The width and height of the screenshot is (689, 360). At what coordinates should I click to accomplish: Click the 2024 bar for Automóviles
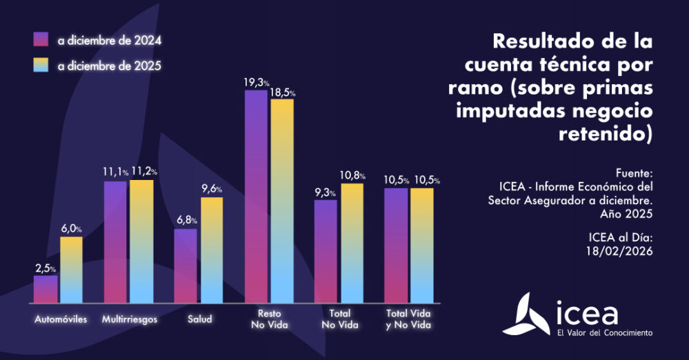pyautogui.click(x=46, y=290)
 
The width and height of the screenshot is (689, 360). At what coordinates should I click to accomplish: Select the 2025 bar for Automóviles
pyautogui.click(x=71, y=270)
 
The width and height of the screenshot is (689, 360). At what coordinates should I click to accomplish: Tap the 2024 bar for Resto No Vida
pyautogui.click(x=256, y=197)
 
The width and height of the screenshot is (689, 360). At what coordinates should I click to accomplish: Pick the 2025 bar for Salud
pyautogui.click(x=212, y=250)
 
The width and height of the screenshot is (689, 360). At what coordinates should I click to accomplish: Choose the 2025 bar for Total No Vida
pyautogui.click(x=352, y=243)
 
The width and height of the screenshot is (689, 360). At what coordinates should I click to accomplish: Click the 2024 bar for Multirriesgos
pyautogui.click(x=116, y=241)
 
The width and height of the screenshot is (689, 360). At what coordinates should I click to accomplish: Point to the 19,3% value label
pyautogui.click(x=256, y=82)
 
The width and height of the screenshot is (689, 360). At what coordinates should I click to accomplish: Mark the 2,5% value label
pyautogui.click(x=46, y=268)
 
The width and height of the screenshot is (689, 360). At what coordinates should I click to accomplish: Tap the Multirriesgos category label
pyautogui.click(x=130, y=319)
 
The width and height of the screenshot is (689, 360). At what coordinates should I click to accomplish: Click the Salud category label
pyautogui.click(x=199, y=319)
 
